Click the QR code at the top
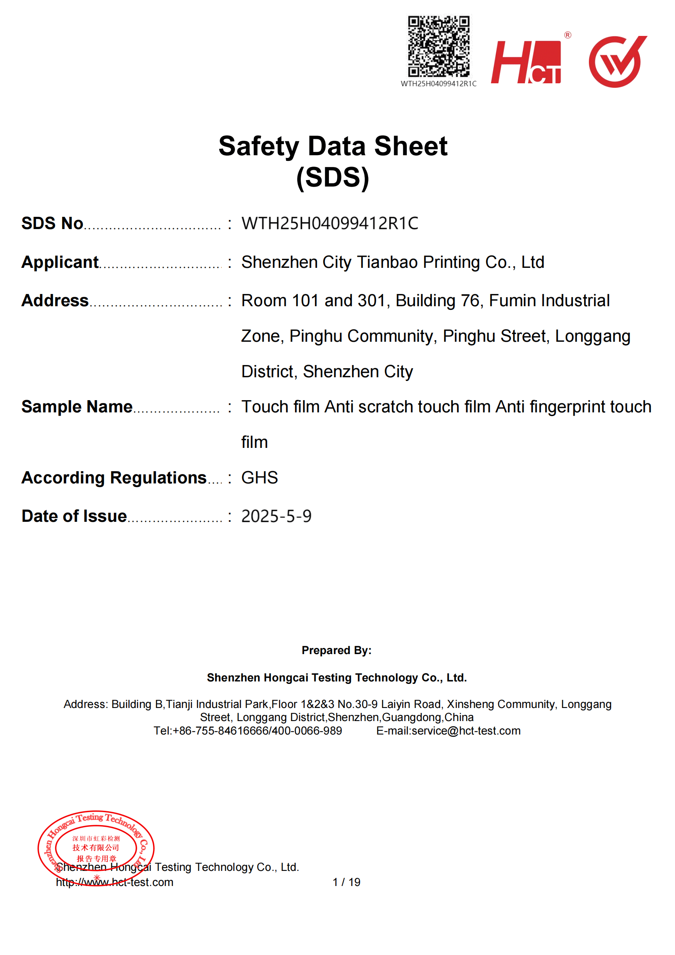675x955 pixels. click(438, 46)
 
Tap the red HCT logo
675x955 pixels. click(526, 62)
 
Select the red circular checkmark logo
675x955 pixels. click(617, 62)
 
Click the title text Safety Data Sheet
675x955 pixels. click(333, 147)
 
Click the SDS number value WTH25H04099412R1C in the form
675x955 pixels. click(330, 223)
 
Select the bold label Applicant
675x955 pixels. click(60, 263)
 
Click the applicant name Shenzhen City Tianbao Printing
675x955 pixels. click(392, 263)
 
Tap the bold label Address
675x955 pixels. click(55, 301)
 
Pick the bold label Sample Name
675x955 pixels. click(77, 407)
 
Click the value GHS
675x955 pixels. click(260, 478)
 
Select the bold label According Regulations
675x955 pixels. click(114, 478)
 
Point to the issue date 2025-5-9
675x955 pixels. click(276, 516)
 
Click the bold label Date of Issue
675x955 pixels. click(74, 516)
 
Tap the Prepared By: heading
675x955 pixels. click(336, 650)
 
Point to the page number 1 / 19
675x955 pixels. click(346, 882)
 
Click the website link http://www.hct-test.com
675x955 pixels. click(115, 882)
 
